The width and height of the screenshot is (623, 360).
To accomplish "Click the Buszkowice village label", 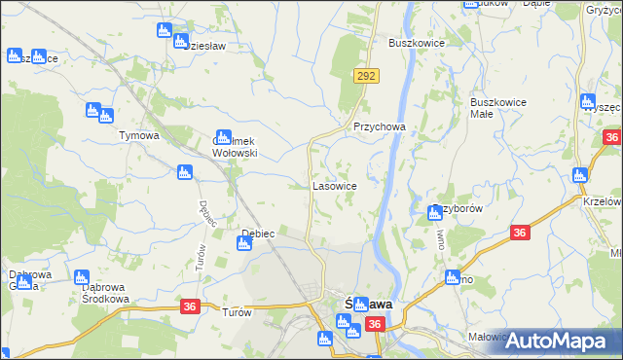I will [416, 43].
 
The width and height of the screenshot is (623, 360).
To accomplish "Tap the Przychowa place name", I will [379, 127].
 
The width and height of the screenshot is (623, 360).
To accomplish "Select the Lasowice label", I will [334, 185].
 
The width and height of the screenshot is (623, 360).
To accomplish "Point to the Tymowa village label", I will [138, 135].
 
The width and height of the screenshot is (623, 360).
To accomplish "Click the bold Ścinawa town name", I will [369, 304].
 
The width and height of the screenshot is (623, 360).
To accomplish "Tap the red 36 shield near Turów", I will [190, 306].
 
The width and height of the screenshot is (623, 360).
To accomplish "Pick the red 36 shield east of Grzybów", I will [521, 233].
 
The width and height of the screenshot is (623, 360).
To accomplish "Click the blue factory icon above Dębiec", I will [244, 243].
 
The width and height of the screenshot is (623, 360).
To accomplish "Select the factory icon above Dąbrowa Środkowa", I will [82, 278].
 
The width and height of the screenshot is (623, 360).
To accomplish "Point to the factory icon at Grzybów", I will [435, 213].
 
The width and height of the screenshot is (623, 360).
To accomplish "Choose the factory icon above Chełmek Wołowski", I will [223, 137].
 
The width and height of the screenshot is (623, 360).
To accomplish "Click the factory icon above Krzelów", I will [580, 176].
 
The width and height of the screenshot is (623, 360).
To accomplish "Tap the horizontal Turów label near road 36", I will [238, 312].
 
